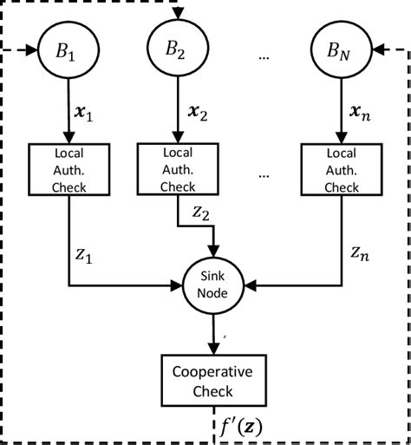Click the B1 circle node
68,52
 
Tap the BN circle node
342,52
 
